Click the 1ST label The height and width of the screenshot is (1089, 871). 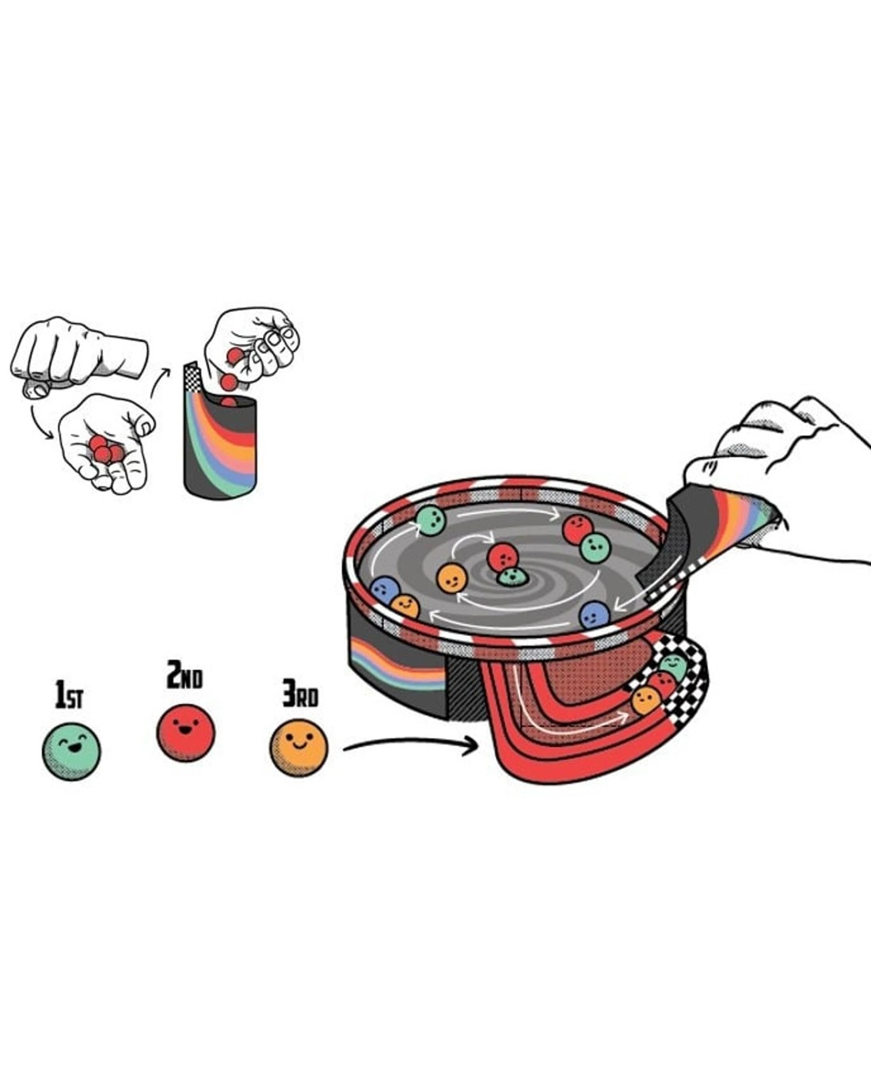[69, 695]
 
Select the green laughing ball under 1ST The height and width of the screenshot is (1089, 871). [71, 751]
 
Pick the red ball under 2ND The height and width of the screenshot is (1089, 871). [186, 733]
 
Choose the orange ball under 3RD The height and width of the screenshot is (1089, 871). [299, 748]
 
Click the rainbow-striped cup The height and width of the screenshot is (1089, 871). [221, 440]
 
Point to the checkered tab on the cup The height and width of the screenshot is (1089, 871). [193, 377]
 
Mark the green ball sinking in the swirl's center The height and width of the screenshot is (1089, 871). [512, 577]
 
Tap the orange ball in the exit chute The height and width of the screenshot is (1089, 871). [646, 701]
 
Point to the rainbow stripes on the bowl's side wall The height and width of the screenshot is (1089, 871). [397, 664]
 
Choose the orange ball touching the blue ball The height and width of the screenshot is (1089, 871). [405, 606]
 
